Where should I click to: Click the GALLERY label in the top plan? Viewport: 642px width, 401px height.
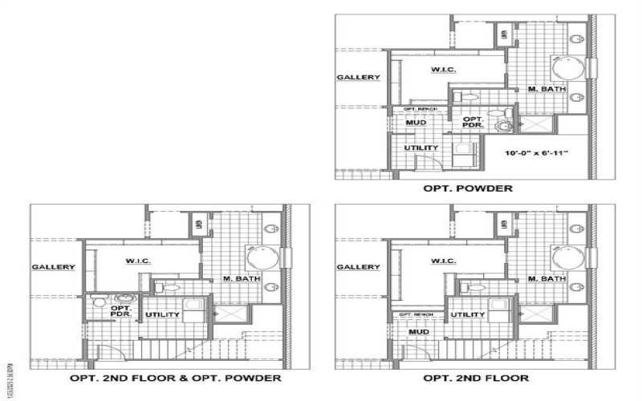(x=358, y=78)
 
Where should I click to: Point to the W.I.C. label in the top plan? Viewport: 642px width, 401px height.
(x=444, y=70)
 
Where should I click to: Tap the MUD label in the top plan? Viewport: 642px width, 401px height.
(x=415, y=123)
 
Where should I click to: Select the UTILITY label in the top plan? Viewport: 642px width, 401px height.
(x=421, y=148)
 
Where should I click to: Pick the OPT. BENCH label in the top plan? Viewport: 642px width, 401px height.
(x=420, y=108)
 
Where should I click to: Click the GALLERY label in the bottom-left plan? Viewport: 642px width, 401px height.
(x=54, y=267)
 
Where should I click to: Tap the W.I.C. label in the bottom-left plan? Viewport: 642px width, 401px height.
(x=139, y=261)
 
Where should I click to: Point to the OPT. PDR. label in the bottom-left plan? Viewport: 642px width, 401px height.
(x=121, y=311)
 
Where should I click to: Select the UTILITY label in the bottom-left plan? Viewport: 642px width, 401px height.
(x=162, y=314)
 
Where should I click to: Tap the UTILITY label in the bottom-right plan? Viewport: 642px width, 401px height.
(x=467, y=314)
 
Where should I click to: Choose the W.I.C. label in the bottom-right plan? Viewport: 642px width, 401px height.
(x=444, y=261)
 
